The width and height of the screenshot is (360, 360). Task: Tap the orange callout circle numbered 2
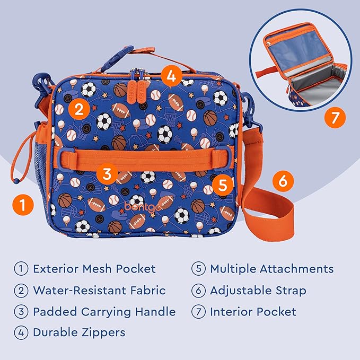pos(78,110)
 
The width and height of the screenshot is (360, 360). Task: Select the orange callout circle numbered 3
pos(107,173)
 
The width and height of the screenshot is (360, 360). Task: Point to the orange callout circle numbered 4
pos(170,76)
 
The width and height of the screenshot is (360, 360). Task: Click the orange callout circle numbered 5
pos(222,185)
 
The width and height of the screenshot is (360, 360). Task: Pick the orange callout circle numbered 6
pos(283,181)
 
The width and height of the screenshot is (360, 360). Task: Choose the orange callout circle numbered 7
pos(334,117)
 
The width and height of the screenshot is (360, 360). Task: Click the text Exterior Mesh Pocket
pos(94,269)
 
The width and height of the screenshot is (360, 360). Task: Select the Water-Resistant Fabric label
pos(99,291)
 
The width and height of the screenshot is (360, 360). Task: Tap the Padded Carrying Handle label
pos(104,312)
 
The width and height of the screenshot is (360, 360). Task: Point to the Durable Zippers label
pos(79,333)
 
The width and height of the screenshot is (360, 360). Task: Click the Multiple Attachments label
pos(271,269)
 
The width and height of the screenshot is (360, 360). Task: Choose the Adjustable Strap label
pos(258,291)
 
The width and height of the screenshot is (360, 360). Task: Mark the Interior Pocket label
pos(253,312)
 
